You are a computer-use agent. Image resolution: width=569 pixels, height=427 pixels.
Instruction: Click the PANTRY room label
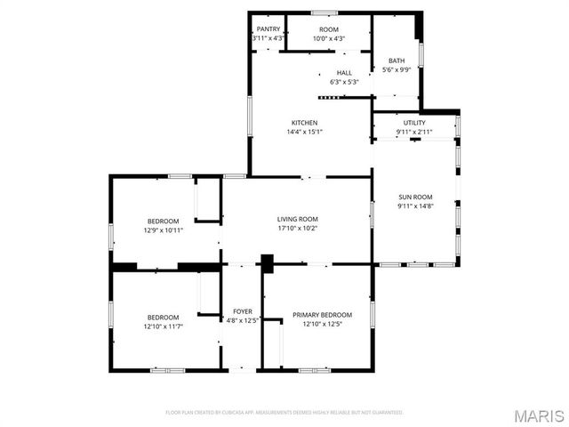[268, 29]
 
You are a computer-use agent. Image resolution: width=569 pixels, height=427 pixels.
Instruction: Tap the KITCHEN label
[305, 123]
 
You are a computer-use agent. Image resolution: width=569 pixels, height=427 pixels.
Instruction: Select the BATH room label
[396, 61]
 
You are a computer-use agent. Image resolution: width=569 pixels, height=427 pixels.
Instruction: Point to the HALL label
[344, 73]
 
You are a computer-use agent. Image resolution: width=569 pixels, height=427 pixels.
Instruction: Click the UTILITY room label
[414, 123]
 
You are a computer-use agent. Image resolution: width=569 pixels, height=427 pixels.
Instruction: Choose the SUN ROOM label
[415, 197]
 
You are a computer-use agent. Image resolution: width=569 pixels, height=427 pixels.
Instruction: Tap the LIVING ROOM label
[297, 219]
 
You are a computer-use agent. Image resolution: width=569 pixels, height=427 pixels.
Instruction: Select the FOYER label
[243, 311]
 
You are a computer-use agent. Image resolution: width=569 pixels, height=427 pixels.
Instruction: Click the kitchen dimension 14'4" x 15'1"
[305, 133]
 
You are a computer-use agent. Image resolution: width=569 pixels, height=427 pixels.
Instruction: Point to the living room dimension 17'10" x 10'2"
[297, 229]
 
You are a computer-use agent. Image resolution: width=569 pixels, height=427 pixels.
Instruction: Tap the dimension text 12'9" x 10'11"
[163, 230]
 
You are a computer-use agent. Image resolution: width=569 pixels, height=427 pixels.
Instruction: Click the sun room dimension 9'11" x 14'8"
[415, 206]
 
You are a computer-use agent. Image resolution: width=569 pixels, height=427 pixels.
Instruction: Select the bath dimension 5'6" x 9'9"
[396, 70]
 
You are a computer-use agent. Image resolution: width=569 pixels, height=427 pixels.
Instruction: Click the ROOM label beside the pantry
[328, 29]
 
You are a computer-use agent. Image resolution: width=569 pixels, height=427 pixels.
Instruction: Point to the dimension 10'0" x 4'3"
[328, 38]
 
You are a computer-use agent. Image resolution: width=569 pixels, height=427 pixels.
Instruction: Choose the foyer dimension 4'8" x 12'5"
[243, 320]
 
